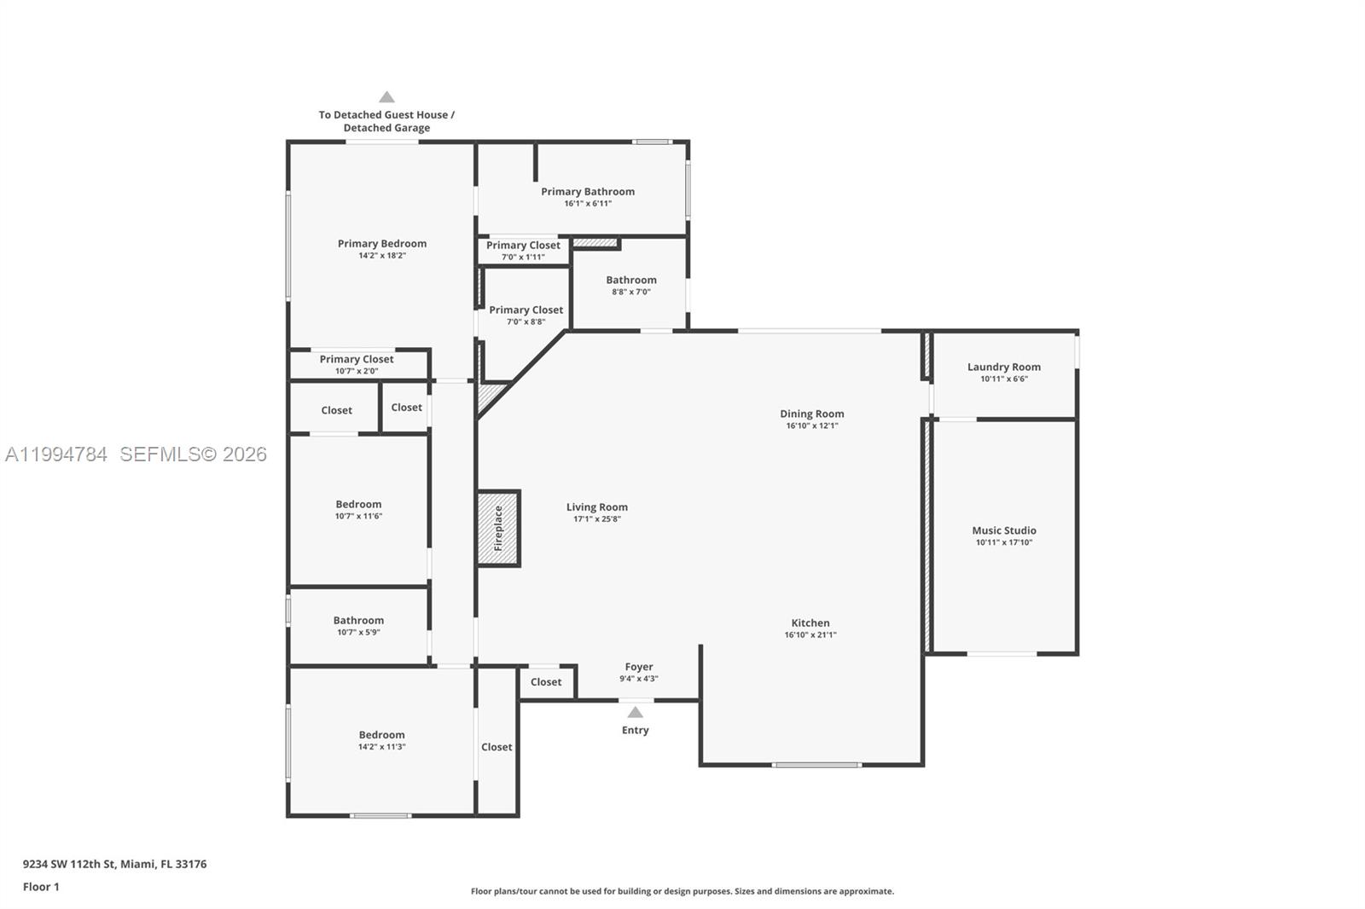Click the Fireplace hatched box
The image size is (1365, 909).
click(x=498, y=529)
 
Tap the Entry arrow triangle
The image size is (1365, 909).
click(x=635, y=712)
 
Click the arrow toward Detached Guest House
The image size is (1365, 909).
click(x=386, y=97)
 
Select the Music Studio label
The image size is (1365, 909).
click(x=1004, y=530)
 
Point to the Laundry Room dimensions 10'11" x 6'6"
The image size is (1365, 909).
click(x=1004, y=379)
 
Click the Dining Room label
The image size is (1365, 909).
click(x=811, y=414)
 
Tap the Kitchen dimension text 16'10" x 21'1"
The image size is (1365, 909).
click(x=810, y=634)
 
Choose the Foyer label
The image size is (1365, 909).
click(x=638, y=667)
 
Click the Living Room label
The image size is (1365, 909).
click(x=596, y=507)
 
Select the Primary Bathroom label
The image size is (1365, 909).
click(x=587, y=191)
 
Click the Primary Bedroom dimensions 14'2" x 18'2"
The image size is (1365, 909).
click(x=381, y=255)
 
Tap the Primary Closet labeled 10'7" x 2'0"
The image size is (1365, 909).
click(x=357, y=364)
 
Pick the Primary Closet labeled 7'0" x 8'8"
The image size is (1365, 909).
click(x=526, y=315)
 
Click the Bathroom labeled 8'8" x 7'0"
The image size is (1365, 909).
click(x=630, y=285)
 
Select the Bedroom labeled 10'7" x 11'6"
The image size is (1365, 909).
click(x=358, y=509)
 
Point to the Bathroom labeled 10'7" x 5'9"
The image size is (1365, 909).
click(x=358, y=625)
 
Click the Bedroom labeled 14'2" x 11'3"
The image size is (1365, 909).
click(x=381, y=739)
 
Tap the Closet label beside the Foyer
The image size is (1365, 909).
click(x=546, y=681)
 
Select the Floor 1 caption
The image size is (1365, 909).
click(x=41, y=887)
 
